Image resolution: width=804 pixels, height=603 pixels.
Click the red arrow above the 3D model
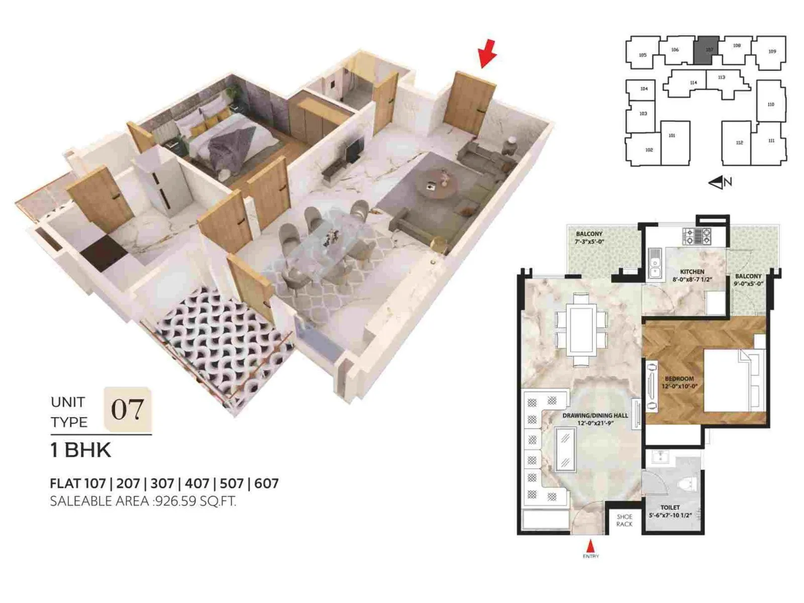pyautogui.click(x=487, y=53)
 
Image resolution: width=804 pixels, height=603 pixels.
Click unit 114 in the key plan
pyautogui.click(x=693, y=83)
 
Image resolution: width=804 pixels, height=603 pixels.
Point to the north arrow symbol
pyautogui.click(x=720, y=182)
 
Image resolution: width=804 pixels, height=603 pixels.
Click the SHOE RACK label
pyautogui.click(x=624, y=521)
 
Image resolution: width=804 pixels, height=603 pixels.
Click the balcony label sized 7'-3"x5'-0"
pyautogui.click(x=589, y=238)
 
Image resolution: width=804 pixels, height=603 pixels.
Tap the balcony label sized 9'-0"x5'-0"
pyautogui.click(x=748, y=280)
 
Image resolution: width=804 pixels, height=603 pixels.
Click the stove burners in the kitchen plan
pyautogui.click(x=696, y=236)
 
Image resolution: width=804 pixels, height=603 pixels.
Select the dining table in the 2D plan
pyautogui.click(x=581, y=330)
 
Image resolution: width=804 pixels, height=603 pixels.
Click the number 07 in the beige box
pyautogui.click(x=127, y=409)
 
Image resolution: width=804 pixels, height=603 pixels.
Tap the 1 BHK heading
pyautogui.click(x=80, y=450)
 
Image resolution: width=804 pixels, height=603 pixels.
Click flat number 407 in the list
pyautogui.click(x=196, y=483)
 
